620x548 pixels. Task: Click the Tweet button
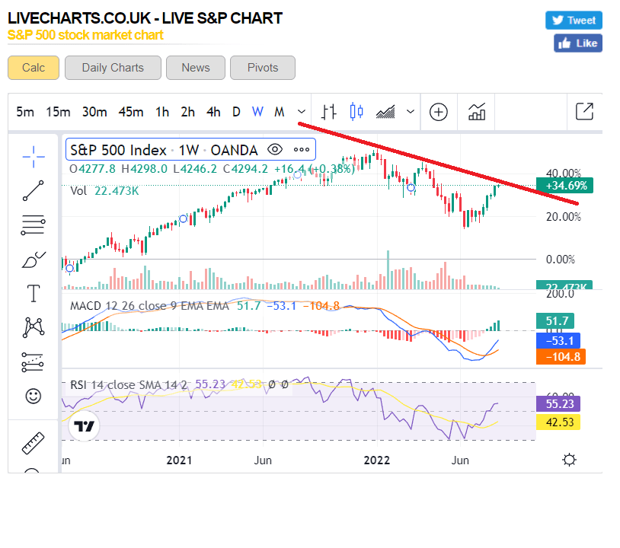pos(574,21)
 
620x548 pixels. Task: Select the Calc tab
pos(34,68)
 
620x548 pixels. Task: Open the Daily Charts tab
pos(113,68)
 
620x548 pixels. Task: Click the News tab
pos(196,68)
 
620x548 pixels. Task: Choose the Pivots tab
pos(263,68)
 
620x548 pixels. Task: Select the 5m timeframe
pos(25,112)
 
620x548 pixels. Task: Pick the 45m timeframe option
pos(131,112)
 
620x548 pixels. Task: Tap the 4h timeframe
pos(213,112)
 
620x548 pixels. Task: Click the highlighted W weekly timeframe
pos(257,112)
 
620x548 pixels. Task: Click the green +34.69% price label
pos(566,185)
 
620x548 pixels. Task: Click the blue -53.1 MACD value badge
pos(560,340)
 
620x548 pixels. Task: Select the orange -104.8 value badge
pos(560,357)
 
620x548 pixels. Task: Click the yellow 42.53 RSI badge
pos(560,422)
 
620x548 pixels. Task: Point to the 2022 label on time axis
pos(377,460)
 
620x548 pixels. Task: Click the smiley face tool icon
pos(34,397)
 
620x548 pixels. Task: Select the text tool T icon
pos(34,293)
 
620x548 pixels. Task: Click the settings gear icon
pos(568,460)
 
